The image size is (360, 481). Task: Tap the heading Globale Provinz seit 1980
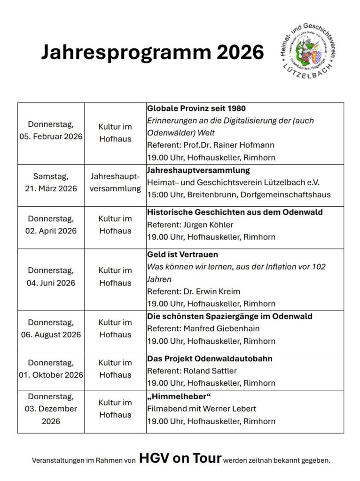coord(196,109)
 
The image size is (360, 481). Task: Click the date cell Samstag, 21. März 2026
coord(51,183)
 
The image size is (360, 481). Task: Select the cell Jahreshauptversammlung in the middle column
coord(115,183)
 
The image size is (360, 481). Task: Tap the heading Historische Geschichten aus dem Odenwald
coord(235,212)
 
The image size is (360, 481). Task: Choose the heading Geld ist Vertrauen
coord(182,255)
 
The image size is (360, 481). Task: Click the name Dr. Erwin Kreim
coord(214,291)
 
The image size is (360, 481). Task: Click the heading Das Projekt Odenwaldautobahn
coord(210,359)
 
